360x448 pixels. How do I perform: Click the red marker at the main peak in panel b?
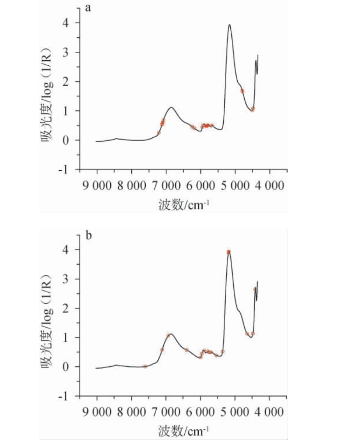coord(229,252)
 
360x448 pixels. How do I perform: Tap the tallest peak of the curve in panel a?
coord(229,25)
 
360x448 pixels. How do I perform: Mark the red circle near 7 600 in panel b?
coord(145,366)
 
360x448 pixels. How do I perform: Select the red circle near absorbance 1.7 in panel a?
coord(242,91)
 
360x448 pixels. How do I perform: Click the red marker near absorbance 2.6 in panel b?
coord(255,289)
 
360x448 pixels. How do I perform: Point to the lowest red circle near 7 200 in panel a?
coord(159,133)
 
